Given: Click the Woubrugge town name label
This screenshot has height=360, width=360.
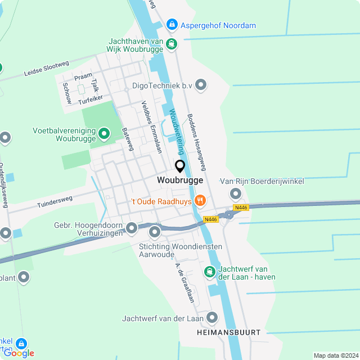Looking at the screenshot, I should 180,180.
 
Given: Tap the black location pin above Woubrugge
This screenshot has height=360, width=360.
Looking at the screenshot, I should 180,166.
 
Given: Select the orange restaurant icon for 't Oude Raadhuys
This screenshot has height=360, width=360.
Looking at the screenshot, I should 200,200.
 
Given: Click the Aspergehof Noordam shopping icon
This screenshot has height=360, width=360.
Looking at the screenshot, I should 172,25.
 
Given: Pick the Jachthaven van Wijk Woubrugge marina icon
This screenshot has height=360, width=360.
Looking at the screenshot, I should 172,43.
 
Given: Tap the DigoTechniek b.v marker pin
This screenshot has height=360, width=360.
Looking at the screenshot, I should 201,85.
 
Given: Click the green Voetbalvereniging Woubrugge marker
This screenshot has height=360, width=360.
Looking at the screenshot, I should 104,133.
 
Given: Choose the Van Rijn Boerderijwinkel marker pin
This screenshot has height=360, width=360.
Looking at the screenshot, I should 236,194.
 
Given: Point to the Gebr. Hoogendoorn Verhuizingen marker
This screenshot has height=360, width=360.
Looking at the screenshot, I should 132,228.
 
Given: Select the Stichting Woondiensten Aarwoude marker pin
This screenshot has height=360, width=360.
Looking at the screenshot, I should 155,232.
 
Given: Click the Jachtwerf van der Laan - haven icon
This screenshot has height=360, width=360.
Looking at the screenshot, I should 209,272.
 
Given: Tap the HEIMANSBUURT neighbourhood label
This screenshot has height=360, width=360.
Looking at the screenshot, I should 229,332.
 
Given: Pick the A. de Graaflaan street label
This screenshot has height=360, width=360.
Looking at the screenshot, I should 184,282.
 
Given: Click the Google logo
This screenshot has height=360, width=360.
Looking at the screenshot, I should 19,353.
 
